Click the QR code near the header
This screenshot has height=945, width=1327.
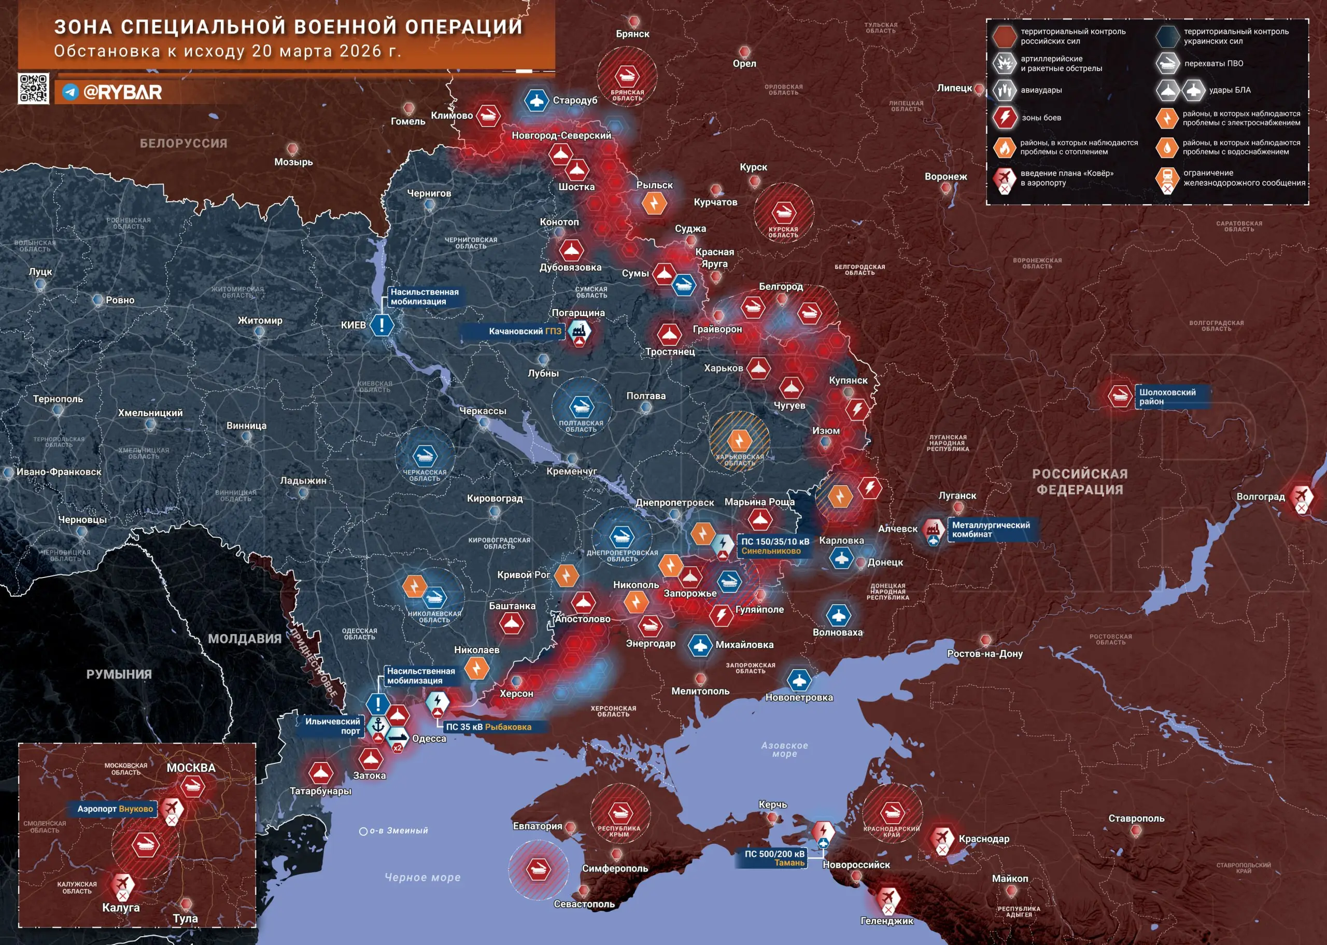pos(33,89)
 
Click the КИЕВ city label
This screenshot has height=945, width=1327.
pos(353,325)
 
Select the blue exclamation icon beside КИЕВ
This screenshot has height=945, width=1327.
pos(382,324)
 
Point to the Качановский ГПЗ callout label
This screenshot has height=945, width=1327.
pos(524,331)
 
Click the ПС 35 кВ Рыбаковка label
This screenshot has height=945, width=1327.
pos(488,727)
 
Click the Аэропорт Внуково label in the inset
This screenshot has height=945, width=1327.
pos(115,808)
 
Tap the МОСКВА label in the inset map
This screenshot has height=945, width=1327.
pos(191,768)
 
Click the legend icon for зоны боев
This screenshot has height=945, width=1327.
pos(1004,118)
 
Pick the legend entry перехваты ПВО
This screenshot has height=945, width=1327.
pos(1213,63)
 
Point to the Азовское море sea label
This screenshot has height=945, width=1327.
pos(784,749)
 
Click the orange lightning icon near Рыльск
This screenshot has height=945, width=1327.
pos(654,203)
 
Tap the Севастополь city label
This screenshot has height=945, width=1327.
pos(584,904)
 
